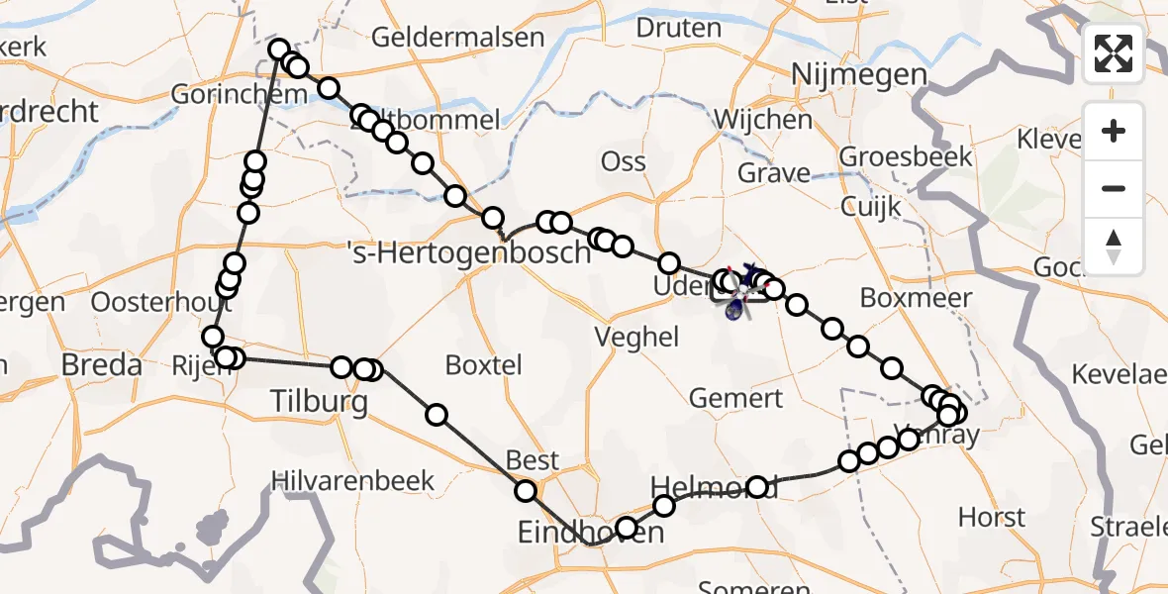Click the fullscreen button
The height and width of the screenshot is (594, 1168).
coord(1114,53)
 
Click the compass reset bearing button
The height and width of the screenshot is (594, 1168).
coord(1114,247)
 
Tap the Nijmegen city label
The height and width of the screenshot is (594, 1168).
coord(859,75)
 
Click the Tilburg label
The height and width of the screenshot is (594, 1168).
coord(320,401)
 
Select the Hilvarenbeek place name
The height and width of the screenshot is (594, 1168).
coord(353,481)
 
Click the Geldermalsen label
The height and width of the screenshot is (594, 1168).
coord(458,38)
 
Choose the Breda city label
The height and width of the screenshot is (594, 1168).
coord(101,364)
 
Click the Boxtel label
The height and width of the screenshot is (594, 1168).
coord(484,364)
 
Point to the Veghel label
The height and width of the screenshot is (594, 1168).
coord(636,337)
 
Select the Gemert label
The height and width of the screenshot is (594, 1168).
coord(735,398)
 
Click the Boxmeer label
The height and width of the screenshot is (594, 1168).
coord(902,297)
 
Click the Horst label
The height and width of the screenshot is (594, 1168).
coord(992,517)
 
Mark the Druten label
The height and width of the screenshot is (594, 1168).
coord(678,27)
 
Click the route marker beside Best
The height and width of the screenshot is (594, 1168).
coord(526,490)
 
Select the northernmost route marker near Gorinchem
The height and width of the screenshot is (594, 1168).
coord(278,49)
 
